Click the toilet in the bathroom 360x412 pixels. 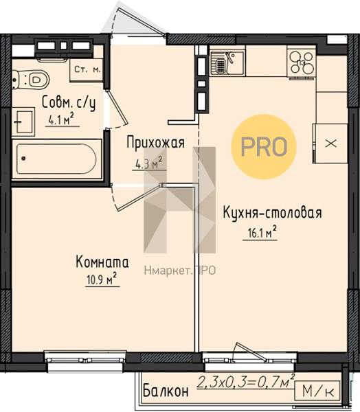pos(31,78)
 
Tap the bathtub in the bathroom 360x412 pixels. pos(56,159)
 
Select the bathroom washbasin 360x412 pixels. pos(23,122)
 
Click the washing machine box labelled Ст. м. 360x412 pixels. pos(87,70)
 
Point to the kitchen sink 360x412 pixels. pos(227,62)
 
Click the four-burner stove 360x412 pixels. pos(302,62)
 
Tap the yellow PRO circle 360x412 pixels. pos(264,147)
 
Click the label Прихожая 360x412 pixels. pos(156,143)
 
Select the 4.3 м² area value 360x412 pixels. pos(148,164)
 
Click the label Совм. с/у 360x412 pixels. pos(69,103)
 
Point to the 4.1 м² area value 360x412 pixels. pos(61,120)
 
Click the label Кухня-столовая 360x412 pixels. pos(273,213)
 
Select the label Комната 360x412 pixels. pos(102,262)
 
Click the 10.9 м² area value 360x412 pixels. pos(102,279)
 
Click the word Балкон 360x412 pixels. pos(166,391)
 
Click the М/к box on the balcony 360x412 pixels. pos(318,391)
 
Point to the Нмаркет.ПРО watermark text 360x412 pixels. pos(180,271)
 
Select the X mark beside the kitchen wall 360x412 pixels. pos(331,144)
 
